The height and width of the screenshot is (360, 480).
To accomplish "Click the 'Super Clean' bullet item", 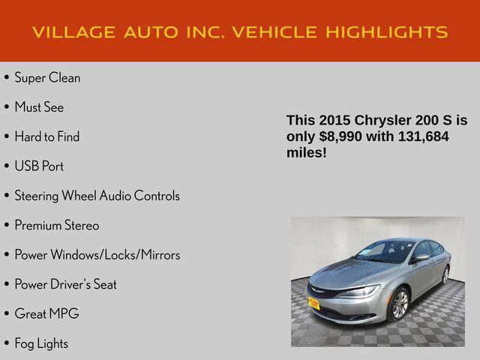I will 47,78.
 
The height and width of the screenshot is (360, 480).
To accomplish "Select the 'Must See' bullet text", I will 39,107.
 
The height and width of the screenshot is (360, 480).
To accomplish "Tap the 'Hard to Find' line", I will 46,136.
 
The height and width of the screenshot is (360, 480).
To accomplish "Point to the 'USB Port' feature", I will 39,166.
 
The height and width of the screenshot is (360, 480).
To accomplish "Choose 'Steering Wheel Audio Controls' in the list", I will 97,196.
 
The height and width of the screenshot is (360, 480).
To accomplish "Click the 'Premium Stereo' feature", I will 56,225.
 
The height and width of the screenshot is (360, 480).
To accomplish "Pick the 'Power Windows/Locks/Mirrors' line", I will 97,255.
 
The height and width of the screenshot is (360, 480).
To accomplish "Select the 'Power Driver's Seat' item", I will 65,284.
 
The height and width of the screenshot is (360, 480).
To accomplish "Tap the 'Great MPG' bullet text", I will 46,313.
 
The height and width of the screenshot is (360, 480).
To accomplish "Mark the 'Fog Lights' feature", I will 41,343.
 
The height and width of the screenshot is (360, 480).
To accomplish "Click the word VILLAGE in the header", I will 70,32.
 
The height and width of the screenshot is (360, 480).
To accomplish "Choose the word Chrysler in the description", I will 382,120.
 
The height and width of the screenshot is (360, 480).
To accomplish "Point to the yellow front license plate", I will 313,302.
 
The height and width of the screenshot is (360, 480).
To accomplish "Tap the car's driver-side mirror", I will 421,257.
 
